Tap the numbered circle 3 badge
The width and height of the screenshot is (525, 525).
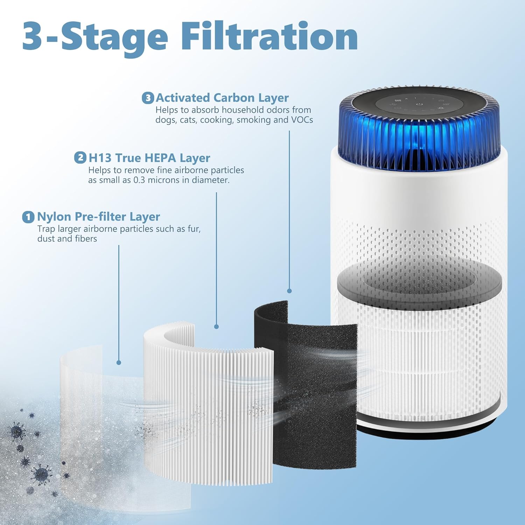148,98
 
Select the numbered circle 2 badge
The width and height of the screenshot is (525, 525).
80,157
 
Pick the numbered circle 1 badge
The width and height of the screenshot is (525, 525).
28,217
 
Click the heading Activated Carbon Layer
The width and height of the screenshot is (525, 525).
222,98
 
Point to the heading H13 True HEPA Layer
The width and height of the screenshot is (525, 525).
149,158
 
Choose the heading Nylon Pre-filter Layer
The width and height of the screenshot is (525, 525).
98,217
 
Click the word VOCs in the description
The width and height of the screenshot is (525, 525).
302,120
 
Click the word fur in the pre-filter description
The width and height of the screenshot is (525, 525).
194,229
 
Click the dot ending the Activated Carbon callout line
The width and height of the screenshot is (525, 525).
289,291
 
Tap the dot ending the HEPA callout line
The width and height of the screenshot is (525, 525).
216,327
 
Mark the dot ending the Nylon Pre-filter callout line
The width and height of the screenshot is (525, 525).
119,363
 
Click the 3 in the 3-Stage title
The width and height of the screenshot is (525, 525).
34,37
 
